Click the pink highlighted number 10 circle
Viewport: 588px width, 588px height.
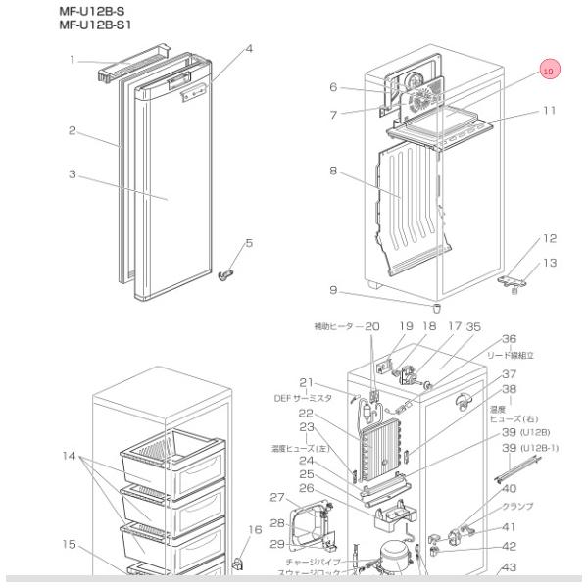[548, 70]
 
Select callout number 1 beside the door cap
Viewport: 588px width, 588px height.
[73, 61]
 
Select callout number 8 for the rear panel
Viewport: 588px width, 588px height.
[333, 171]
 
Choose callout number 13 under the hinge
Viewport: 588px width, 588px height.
[550, 262]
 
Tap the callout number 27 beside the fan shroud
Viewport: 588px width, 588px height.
[277, 497]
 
